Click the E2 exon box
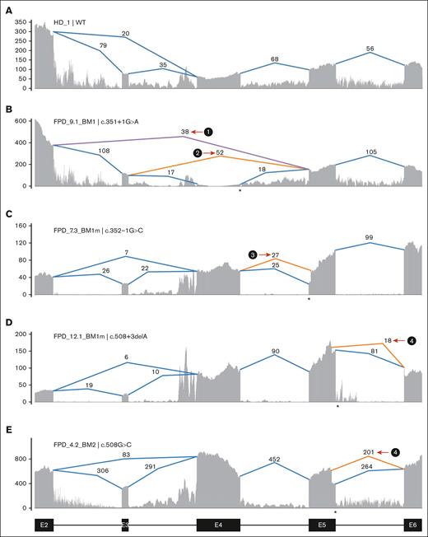pos(43,524)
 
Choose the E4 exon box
pos(218,524)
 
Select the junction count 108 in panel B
pos(104,151)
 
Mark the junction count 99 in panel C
pos(368,237)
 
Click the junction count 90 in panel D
pos(275,352)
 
